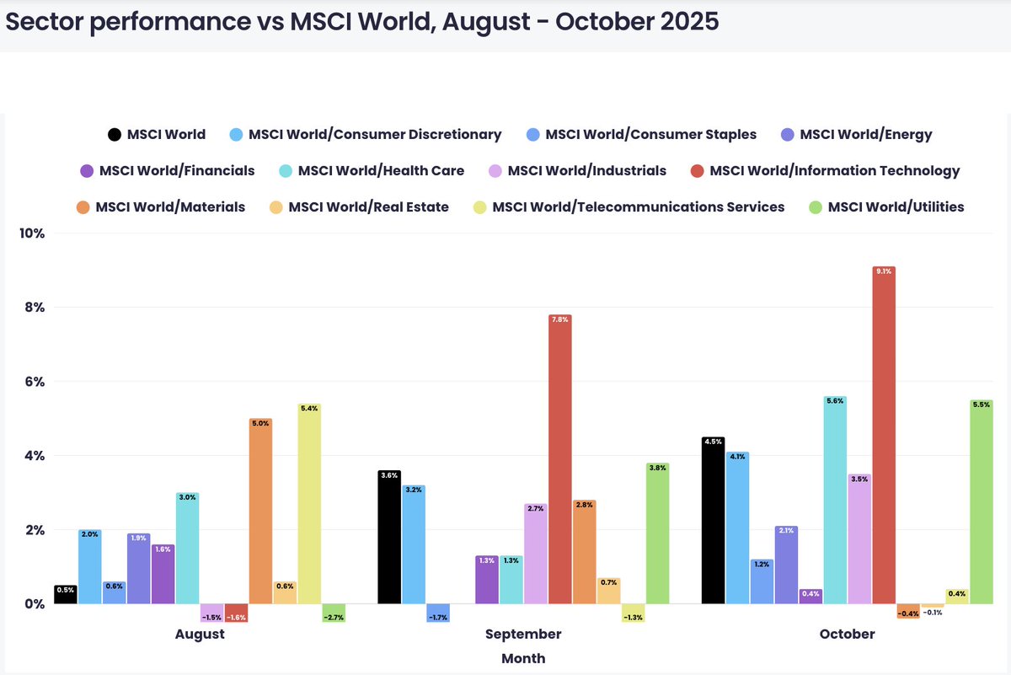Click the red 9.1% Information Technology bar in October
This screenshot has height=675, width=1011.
(x=884, y=435)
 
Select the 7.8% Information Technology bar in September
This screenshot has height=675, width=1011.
(x=559, y=459)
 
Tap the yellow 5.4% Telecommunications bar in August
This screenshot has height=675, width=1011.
(x=309, y=504)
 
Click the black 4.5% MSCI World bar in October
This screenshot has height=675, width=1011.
(x=713, y=520)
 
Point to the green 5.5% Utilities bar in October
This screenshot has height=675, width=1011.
(x=982, y=501)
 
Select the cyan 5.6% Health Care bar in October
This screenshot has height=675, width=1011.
(x=835, y=500)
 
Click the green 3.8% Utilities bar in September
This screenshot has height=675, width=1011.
(x=657, y=533)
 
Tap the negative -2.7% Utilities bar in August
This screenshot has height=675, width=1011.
(x=334, y=613)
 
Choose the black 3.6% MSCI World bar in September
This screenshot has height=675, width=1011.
(x=389, y=537)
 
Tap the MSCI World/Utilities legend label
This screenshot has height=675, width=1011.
(x=896, y=206)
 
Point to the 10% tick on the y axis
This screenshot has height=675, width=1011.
(x=32, y=233)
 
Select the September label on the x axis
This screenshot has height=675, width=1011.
(x=523, y=634)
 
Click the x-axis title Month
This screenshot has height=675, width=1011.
(x=523, y=658)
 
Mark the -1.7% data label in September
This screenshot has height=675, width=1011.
(x=438, y=618)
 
